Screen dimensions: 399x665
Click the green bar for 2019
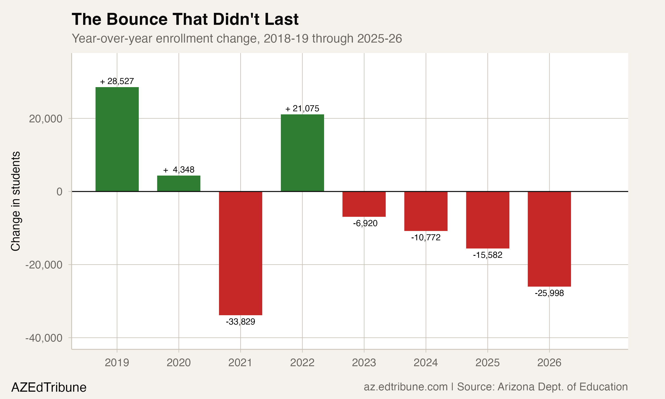click(x=117, y=139)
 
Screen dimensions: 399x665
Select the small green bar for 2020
click(x=178, y=183)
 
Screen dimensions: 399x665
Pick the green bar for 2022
click(x=302, y=153)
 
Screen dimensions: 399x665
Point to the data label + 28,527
click(x=117, y=81)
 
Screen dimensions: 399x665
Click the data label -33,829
click(x=240, y=322)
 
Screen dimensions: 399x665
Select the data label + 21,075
click(x=302, y=109)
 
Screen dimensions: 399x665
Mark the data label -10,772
click(x=426, y=237)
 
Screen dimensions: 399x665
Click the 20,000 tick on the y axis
click(x=46, y=119)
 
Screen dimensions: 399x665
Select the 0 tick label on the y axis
click(x=59, y=192)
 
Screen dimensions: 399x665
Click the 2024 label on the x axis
click(x=426, y=363)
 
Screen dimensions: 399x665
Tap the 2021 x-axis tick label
click(x=240, y=363)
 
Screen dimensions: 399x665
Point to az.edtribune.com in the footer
click(x=405, y=387)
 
